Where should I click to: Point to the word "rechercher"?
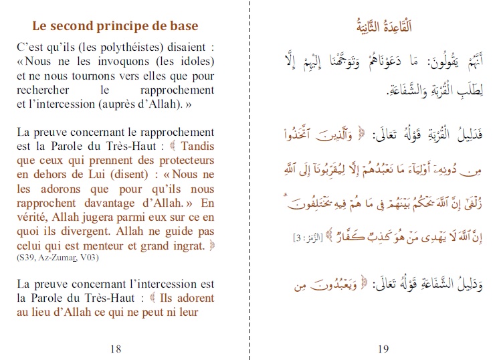[x=39, y=90]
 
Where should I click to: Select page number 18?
[x=115, y=348]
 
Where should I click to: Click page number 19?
[x=383, y=348]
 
